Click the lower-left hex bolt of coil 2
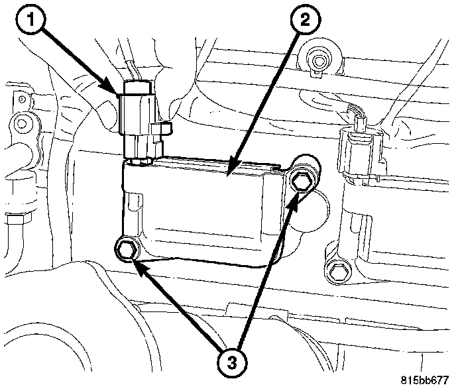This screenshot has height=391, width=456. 126,250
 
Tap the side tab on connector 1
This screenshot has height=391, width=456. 161,129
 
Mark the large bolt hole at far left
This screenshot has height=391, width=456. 22,122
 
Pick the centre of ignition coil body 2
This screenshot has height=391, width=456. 205,209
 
